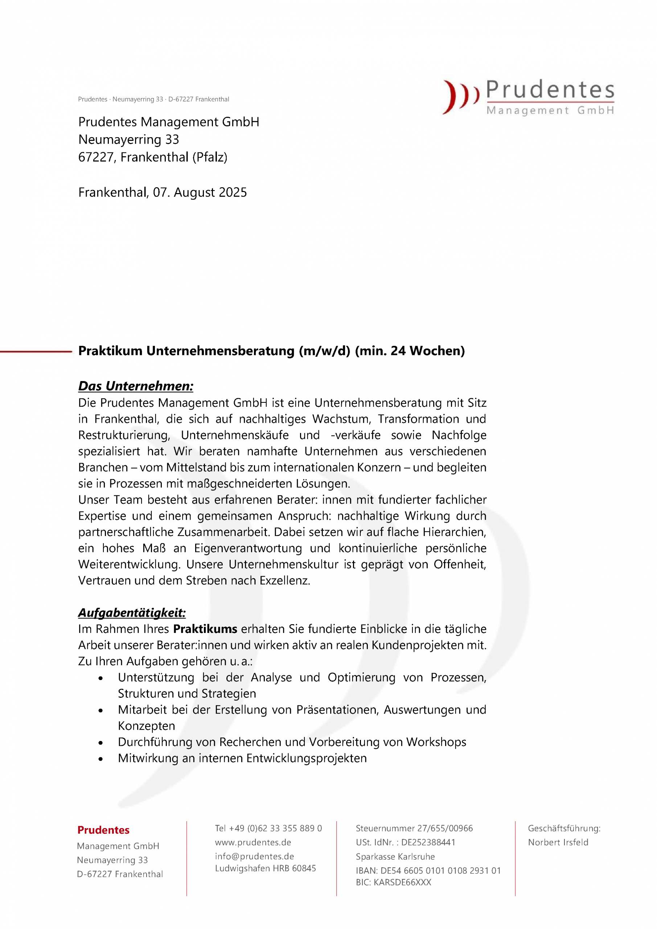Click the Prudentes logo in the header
(528, 97)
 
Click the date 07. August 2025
(200, 192)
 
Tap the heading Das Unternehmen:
(136, 386)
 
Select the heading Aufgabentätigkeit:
(132, 613)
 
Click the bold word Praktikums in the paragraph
(205, 629)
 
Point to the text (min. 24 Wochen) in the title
(410, 351)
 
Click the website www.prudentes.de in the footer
(253, 842)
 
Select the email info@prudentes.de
(254, 856)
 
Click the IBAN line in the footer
(428, 870)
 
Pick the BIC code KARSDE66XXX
(393, 883)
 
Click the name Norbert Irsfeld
(558, 842)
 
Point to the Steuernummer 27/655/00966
(414, 828)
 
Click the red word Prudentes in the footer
(103, 830)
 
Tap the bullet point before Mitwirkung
(101, 760)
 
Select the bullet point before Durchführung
(101, 743)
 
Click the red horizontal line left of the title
(36, 352)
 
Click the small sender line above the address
(153, 99)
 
